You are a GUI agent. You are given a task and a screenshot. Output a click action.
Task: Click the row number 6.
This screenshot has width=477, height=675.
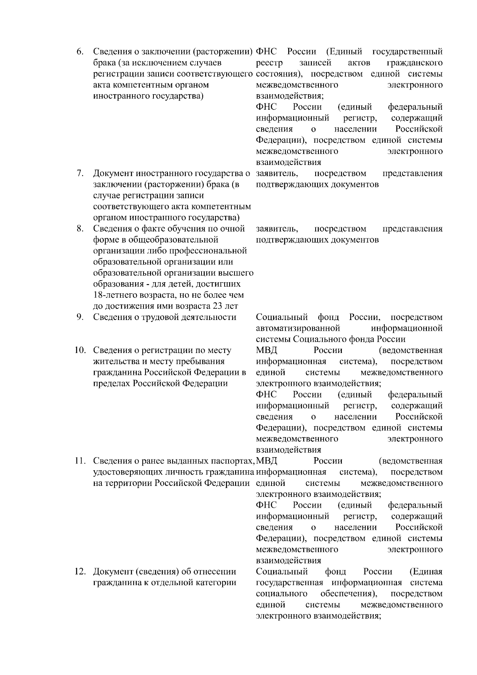(x=80, y=52)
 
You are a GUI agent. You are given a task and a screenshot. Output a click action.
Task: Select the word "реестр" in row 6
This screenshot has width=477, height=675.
(x=269, y=63)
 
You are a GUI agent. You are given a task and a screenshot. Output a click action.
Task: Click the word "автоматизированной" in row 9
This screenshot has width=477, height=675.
(x=298, y=328)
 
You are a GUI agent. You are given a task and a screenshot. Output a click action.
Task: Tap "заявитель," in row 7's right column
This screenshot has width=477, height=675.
(x=277, y=174)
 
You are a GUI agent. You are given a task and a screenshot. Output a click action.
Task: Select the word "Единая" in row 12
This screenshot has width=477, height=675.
(x=426, y=572)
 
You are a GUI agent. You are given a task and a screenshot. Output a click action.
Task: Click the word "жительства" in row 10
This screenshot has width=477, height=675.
(x=114, y=362)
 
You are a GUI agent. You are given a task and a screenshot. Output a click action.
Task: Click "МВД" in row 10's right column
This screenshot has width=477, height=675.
(x=267, y=351)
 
